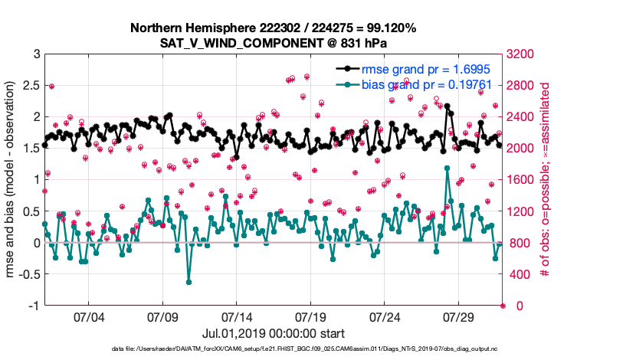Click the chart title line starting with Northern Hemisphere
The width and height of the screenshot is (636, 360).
point(273,28)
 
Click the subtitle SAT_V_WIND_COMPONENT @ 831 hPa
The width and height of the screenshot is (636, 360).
point(273,42)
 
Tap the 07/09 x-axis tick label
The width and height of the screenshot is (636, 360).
point(162,317)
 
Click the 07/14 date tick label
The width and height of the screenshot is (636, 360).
point(237,317)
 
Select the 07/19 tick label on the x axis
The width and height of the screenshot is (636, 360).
point(311,317)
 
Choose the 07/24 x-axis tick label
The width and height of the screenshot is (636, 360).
point(385,317)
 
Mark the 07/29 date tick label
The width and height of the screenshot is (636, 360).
point(460,317)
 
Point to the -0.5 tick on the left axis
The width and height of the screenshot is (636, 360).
point(29,274)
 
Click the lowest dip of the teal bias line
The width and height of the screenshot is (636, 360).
point(189,283)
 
